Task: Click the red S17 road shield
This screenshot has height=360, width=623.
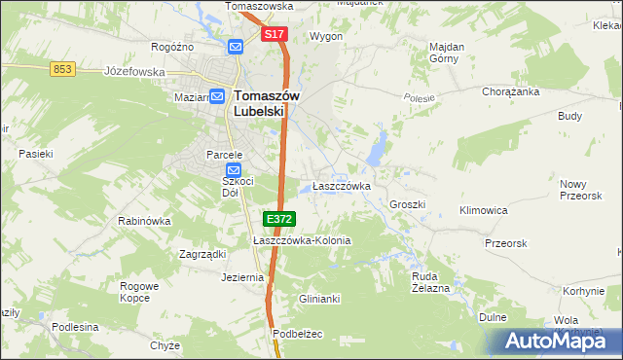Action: pos(275,34)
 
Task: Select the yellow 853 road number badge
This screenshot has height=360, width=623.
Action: pos(63,67)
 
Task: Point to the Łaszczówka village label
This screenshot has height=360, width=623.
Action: pos(341,186)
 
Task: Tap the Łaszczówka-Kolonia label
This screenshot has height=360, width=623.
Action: pos(302,240)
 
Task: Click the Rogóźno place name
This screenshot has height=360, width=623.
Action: pos(172,47)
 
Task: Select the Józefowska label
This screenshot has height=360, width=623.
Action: pos(135,71)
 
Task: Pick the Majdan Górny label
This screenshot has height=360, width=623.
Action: pos(447,52)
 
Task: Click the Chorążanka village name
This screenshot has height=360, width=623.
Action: pos(511,92)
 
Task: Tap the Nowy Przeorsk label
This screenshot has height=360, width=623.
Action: pos(581,189)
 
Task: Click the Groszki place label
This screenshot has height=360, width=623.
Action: pos(408,205)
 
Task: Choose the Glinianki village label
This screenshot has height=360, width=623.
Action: pos(319,299)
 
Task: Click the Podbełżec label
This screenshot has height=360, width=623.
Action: pos(297,333)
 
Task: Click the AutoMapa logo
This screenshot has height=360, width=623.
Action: pos(555,341)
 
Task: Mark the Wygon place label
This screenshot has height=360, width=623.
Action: pos(325,36)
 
